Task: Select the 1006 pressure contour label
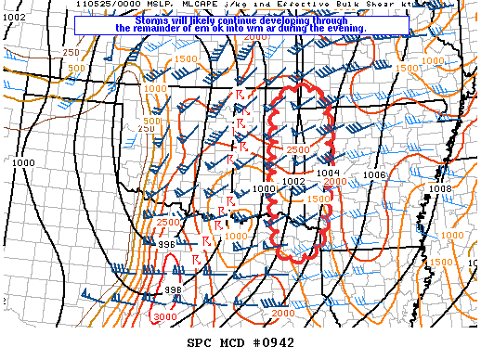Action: click(x=374, y=174)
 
